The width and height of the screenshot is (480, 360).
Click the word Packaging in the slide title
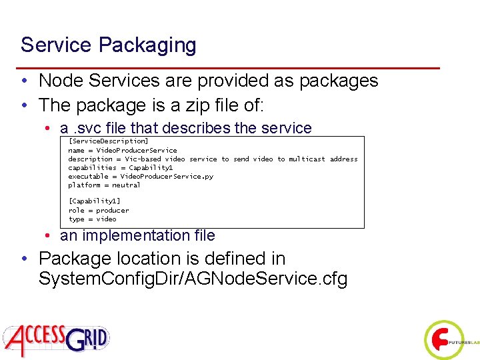click(147, 45)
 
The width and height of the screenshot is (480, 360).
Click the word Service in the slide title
click(56, 45)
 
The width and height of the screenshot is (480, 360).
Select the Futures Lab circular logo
click(443, 341)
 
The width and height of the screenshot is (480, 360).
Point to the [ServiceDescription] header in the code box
click(108, 141)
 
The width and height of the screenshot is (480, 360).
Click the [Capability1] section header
click(94, 201)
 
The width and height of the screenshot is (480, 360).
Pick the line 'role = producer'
click(99, 210)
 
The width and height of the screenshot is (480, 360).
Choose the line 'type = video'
click(92, 219)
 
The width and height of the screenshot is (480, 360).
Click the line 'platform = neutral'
click(104, 185)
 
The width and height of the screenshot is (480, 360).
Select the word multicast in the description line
click(307, 159)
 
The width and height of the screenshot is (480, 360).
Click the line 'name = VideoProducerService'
click(123, 150)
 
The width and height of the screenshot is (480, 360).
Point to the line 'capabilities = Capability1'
click(120, 167)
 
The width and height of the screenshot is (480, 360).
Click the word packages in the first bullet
click(339, 81)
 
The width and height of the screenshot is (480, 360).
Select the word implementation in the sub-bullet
click(130, 235)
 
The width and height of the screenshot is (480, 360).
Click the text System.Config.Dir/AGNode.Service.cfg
click(193, 279)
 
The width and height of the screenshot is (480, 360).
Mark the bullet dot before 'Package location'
click(24, 259)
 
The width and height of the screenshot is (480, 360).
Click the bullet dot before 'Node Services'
click(24, 81)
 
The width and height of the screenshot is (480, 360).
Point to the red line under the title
click(230, 68)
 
